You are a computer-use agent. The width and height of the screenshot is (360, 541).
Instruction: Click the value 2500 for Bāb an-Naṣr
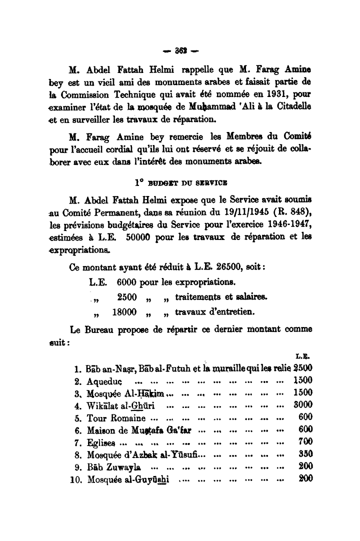point(303,368)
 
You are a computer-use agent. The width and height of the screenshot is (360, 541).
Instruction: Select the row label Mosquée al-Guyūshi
point(128,479)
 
